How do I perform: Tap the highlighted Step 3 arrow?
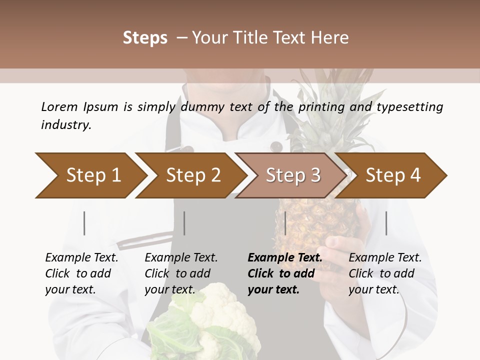293,175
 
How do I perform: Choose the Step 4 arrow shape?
393,175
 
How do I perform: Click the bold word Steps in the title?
145,37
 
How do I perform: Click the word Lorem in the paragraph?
59,106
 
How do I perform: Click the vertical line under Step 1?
84,223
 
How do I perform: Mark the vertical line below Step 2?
184,223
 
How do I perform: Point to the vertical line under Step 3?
285,223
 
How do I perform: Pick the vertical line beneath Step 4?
386,223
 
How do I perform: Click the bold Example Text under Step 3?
285,258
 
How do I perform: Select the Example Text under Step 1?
81,258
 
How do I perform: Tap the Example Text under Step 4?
385,258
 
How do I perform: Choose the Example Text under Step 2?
181,258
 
